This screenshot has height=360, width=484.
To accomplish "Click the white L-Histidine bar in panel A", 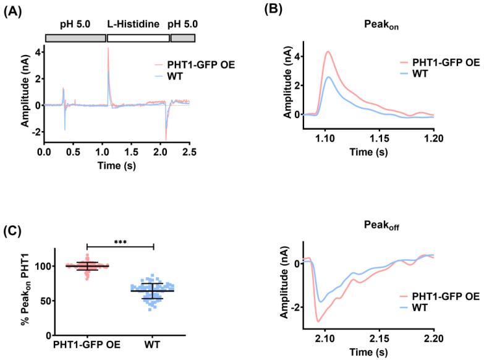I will (x=138, y=38).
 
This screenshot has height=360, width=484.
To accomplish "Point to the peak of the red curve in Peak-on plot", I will (x=328, y=51).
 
